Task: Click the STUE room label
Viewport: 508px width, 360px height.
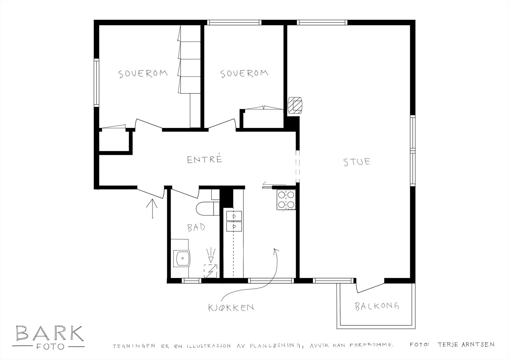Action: [x=357, y=162]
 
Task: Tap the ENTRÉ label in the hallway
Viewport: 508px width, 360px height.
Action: [x=204, y=159]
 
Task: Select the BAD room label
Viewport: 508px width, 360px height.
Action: [x=196, y=228]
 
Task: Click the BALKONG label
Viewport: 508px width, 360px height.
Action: [x=377, y=307]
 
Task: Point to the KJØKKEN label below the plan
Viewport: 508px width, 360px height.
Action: [x=231, y=308]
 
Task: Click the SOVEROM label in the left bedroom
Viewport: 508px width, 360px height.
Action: [x=143, y=74]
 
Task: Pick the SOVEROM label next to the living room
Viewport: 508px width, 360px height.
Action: [x=244, y=74]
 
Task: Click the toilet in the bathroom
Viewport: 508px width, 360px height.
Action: [x=206, y=208]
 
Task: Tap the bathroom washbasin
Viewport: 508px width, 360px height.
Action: [x=182, y=258]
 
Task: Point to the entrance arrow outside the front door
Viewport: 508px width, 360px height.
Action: [x=152, y=208]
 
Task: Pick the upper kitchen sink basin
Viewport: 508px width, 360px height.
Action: [x=234, y=216]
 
